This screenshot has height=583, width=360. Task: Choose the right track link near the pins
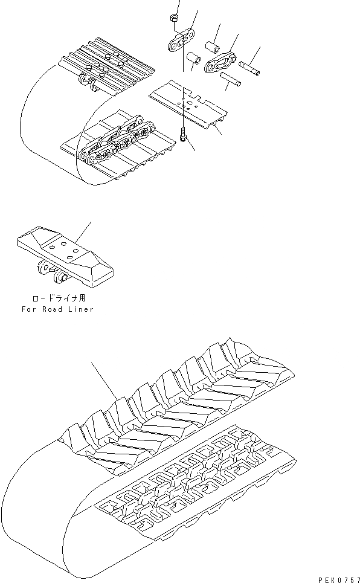pos(220,62)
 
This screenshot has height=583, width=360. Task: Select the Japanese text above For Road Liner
pos(56,298)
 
